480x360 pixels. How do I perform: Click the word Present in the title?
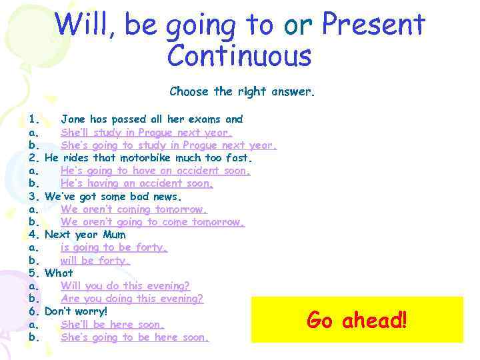coord(373,25)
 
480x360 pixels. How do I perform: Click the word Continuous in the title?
coord(239,56)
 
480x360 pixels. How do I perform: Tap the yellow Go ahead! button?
coord(356,320)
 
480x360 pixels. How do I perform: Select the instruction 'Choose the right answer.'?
coord(241,91)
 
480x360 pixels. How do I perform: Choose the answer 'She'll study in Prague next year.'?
coord(147,132)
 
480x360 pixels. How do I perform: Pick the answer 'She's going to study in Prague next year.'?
coord(168,145)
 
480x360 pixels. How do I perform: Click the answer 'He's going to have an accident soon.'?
coord(155,171)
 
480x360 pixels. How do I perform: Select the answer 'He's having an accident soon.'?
coord(137,183)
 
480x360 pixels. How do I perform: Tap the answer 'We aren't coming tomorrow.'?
coord(133,209)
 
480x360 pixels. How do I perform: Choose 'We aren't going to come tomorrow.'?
coord(153,222)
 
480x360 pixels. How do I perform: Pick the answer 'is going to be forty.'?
coord(113,247)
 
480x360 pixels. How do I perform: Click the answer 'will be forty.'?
coord(95,261)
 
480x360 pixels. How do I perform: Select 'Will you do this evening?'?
coord(125,286)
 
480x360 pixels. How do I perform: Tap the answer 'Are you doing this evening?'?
coord(131,299)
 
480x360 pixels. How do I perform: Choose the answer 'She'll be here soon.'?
coord(112,325)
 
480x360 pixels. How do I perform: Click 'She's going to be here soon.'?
coord(135,337)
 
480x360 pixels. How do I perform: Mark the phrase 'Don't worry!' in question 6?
coord(76,311)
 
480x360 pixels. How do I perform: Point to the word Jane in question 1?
coord(73,119)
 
